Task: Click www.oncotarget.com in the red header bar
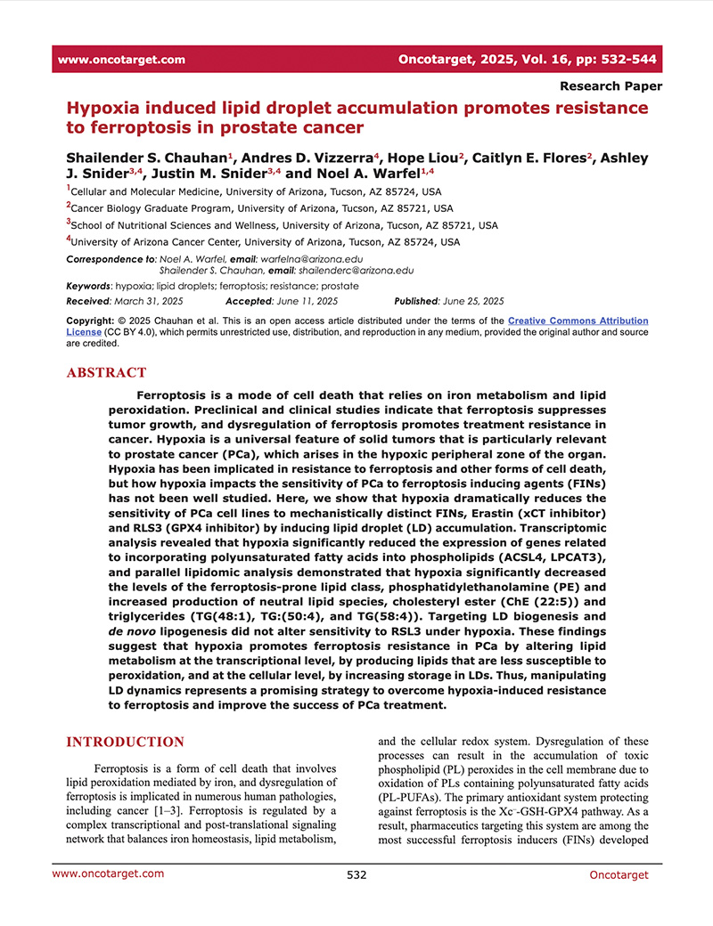[x=121, y=60]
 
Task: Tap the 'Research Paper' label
[x=611, y=86]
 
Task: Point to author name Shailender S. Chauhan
[x=143, y=158]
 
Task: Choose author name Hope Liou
[x=422, y=158]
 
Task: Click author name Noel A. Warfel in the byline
[x=360, y=173]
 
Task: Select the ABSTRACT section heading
[x=107, y=373]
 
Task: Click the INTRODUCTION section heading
[x=126, y=743]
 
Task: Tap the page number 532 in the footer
[x=356, y=874]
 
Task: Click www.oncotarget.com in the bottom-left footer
[x=108, y=873]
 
